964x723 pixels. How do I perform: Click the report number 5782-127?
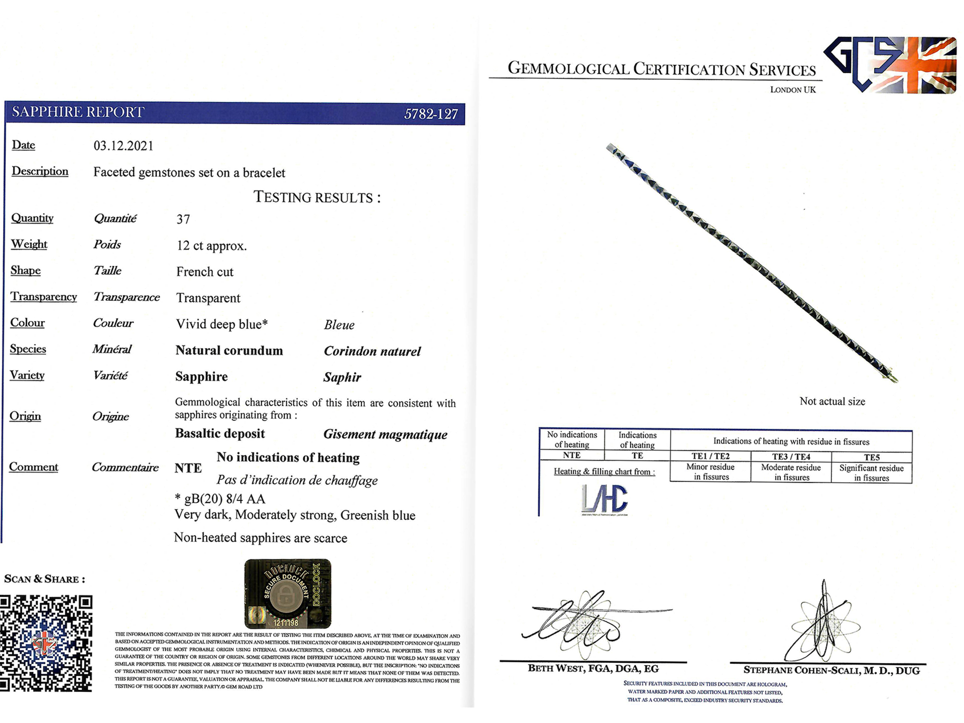tap(431, 114)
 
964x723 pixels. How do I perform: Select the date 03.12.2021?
tap(124, 146)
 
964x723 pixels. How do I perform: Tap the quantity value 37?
tap(183, 219)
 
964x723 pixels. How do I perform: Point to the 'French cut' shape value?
tap(205, 272)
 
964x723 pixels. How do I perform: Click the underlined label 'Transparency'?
tap(44, 297)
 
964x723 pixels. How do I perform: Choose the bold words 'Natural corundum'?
tap(229, 350)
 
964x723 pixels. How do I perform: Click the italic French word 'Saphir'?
tap(342, 377)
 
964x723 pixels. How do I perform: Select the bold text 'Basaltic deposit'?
tap(219, 434)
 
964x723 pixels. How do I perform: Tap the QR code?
tap(46, 643)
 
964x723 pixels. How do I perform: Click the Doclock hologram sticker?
tap(288, 593)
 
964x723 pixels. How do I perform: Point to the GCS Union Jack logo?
tap(890, 65)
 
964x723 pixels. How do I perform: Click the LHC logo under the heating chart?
tap(604, 499)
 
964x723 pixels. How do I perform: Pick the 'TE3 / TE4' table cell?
tap(791, 457)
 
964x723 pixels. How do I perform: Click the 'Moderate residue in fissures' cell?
tap(791, 472)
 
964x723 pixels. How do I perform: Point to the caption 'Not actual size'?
tap(832, 402)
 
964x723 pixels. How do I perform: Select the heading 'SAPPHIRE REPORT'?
tap(78, 112)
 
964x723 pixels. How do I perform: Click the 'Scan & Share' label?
tap(44, 579)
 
